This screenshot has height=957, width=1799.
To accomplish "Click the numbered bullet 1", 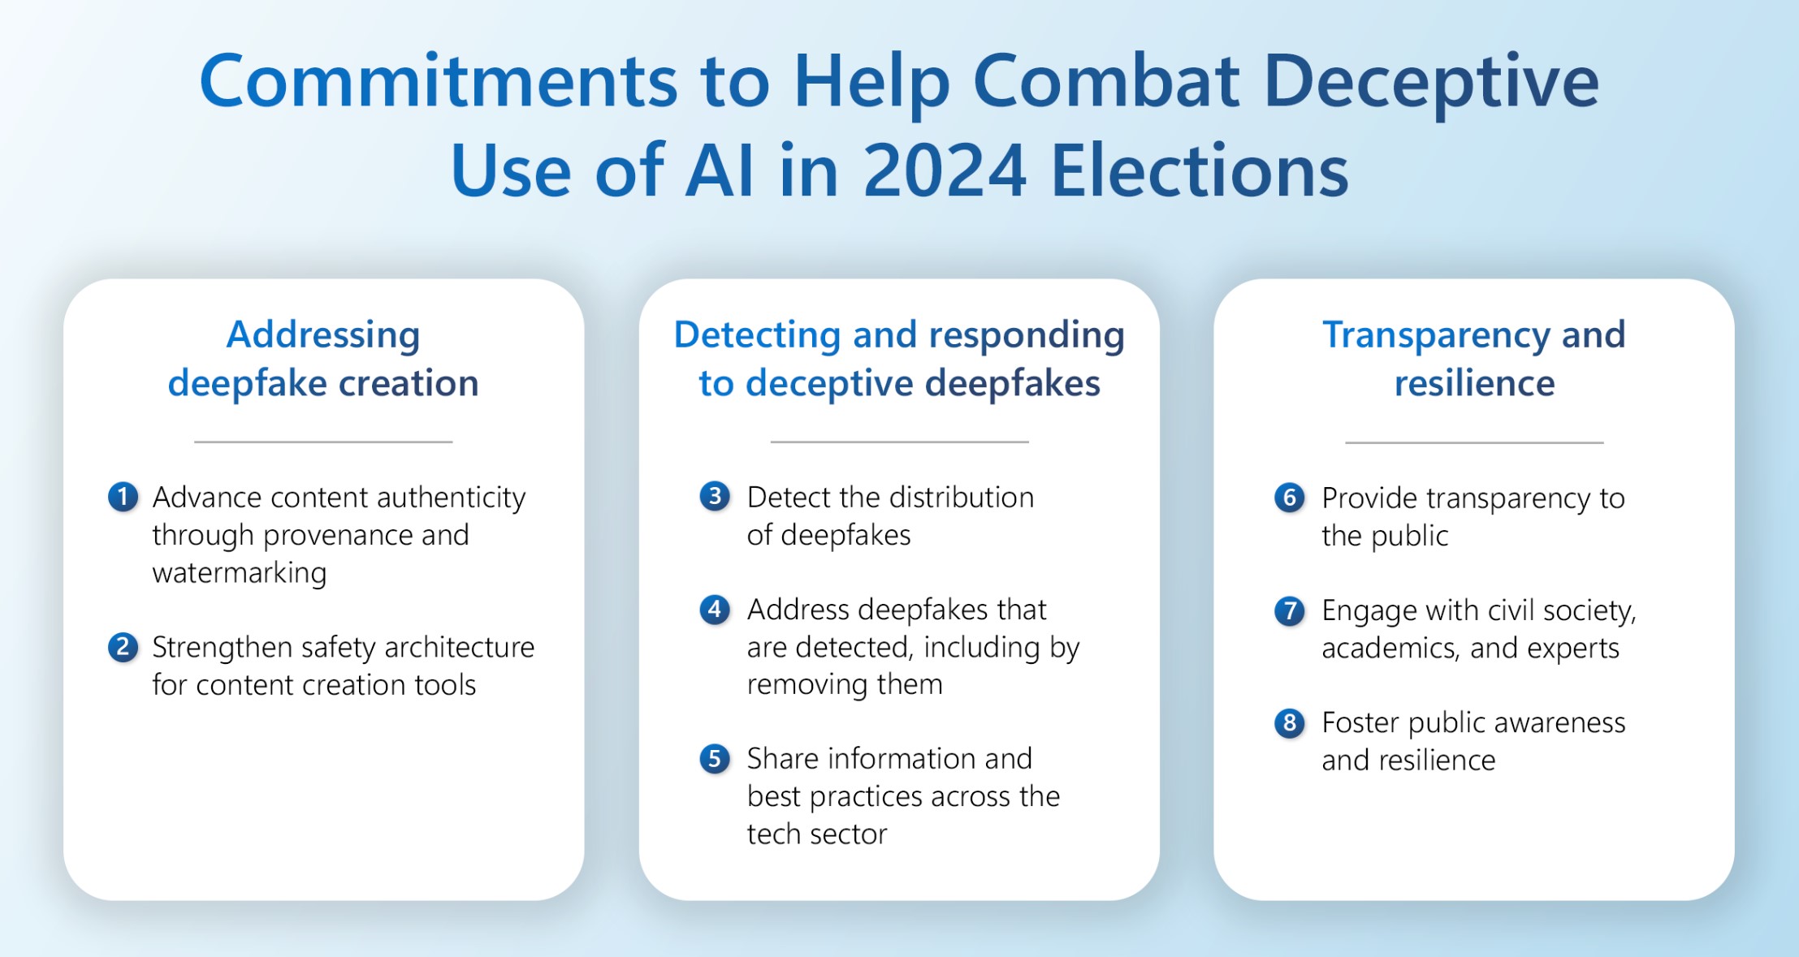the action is (123, 497).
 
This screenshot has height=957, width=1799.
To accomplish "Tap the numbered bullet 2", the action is (123, 647).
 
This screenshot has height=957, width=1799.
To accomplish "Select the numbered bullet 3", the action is (715, 496).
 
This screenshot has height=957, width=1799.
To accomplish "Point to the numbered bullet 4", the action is (715, 609).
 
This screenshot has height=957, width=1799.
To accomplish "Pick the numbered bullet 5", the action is (715, 758).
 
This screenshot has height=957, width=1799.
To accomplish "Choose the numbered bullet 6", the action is (1290, 498).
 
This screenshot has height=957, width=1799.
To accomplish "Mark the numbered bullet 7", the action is (1290, 610).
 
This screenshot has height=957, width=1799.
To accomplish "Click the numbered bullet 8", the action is (1290, 722).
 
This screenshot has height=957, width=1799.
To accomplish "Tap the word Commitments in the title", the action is (439, 81).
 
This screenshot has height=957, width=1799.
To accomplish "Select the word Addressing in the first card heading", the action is (323, 335).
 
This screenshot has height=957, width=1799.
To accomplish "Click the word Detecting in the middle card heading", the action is (757, 335).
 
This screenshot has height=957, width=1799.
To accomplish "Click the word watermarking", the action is (240, 573).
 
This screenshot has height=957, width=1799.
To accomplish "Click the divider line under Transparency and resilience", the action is (1474, 442).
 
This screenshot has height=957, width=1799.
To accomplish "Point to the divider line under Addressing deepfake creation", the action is (323, 442).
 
